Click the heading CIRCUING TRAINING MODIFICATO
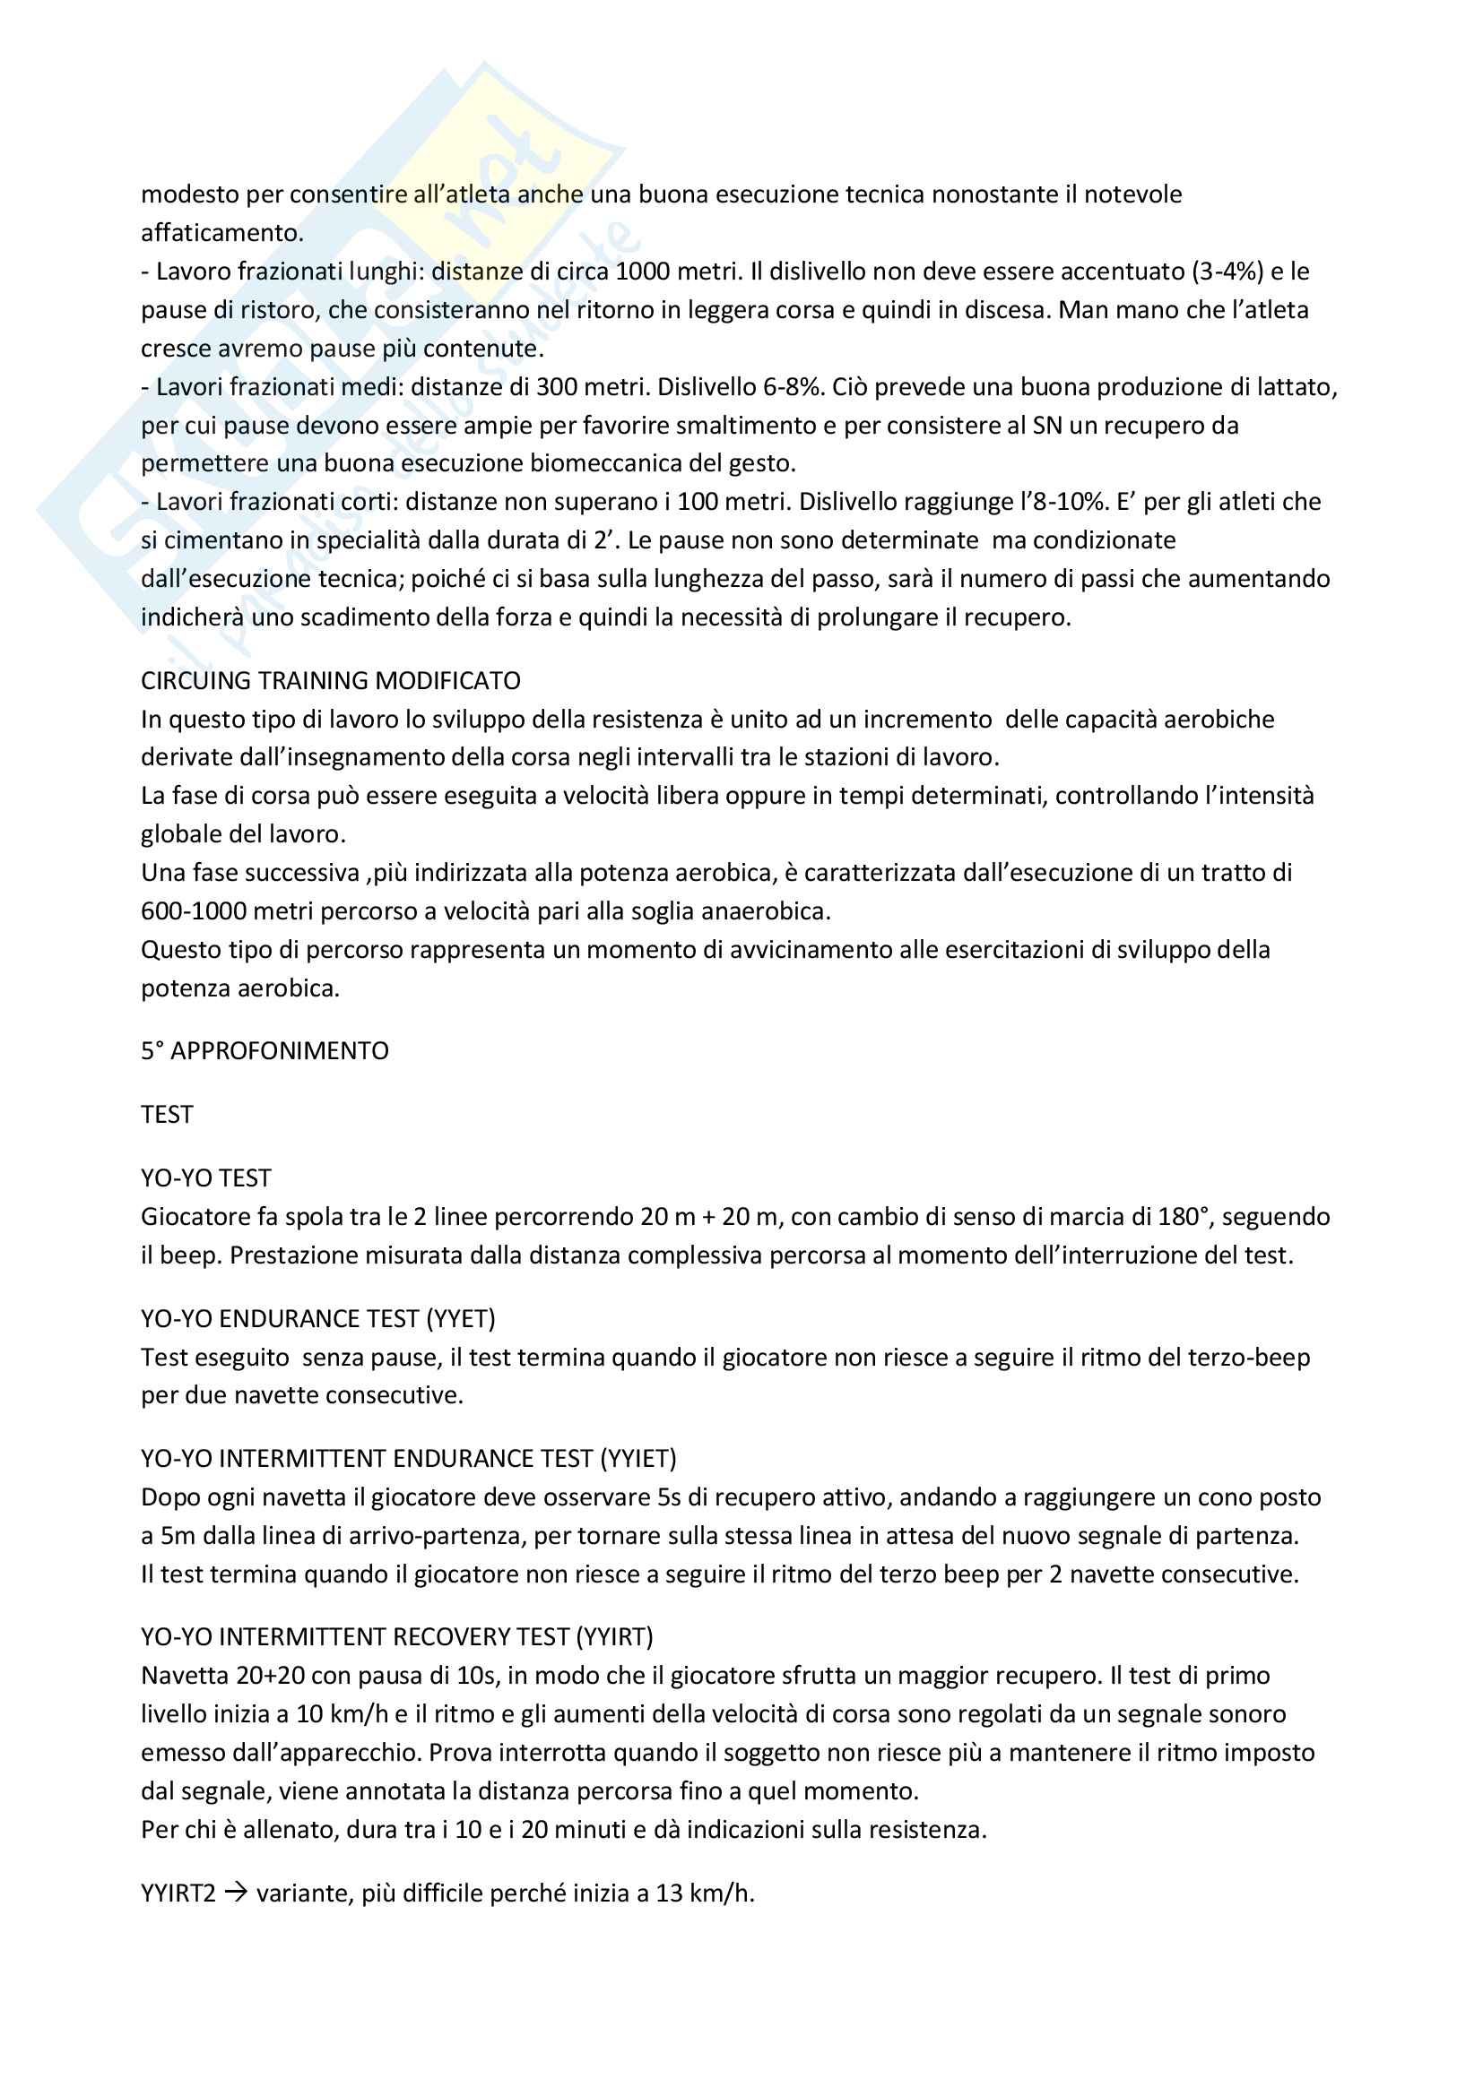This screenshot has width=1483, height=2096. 331,681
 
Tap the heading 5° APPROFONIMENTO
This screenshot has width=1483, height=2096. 265,1051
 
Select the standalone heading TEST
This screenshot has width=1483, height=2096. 167,1115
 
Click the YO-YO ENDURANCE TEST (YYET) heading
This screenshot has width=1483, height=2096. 317,1318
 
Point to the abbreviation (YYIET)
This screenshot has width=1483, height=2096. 638,1458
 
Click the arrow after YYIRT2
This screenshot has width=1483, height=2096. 236,1893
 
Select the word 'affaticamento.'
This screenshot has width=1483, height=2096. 221,233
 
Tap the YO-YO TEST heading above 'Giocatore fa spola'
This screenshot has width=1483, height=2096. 205,1177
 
